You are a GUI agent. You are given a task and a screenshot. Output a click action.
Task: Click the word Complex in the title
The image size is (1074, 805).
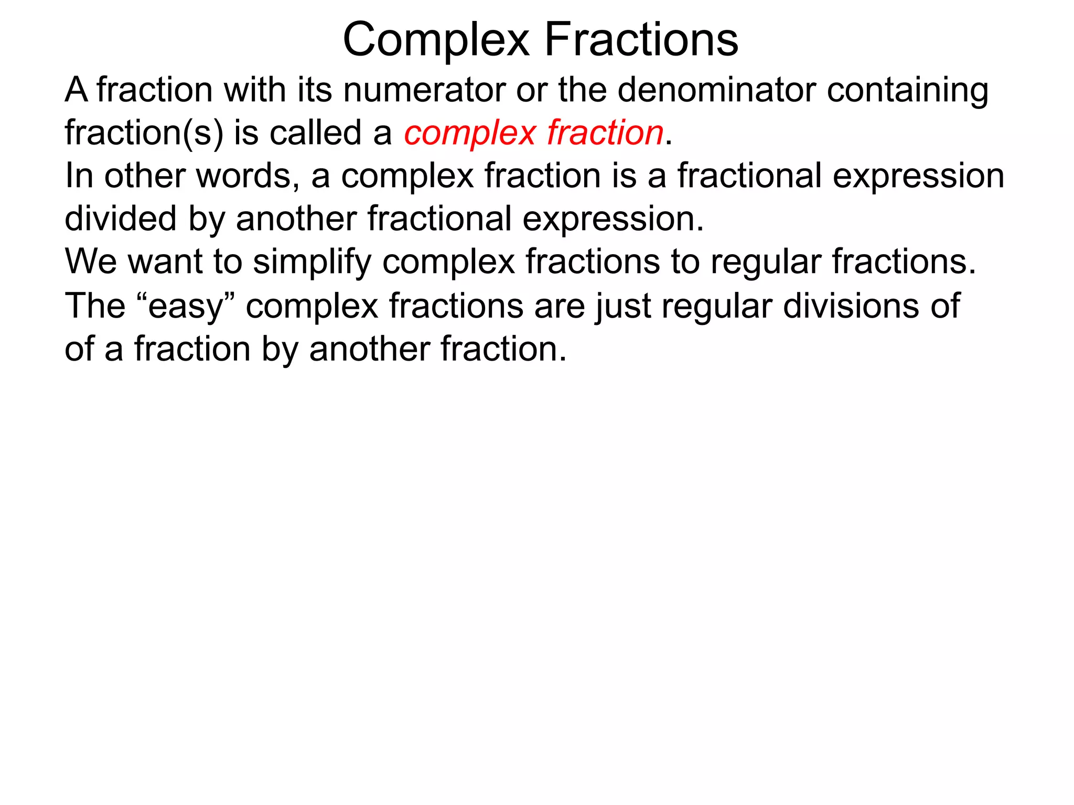pyautogui.click(x=436, y=40)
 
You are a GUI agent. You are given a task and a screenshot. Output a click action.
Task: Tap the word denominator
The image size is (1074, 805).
pyautogui.click(x=716, y=90)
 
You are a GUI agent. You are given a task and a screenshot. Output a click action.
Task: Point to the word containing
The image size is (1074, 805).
pyautogui.click(x=907, y=91)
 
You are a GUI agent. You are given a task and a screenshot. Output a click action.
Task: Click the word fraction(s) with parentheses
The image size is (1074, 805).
pyautogui.click(x=144, y=133)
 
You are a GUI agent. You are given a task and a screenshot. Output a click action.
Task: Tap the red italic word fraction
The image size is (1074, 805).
pyautogui.click(x=605, y=133)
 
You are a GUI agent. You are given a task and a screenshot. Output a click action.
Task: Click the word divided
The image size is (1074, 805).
pyautogui.click(x=120, y=219)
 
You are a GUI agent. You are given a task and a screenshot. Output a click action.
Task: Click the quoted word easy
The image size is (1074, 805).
pyautogui.click(x=186, y=307)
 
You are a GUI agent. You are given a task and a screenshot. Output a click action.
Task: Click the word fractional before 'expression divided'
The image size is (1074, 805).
pyautogui.click(x=749, y=176)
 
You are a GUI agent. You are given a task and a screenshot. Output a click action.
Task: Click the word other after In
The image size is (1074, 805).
pyautogui.click(x=144, y=176)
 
